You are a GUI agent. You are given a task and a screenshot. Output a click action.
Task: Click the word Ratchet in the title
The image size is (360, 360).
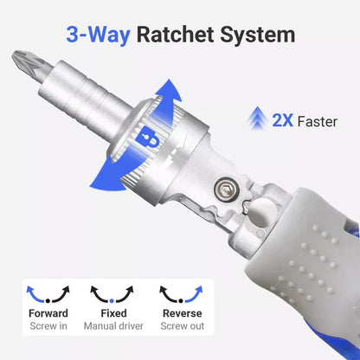click(x=181, y=35)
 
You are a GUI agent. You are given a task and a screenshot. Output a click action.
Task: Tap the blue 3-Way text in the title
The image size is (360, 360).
click(x=100, y=35)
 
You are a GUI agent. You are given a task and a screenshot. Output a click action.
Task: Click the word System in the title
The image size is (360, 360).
click(x=256, y=35)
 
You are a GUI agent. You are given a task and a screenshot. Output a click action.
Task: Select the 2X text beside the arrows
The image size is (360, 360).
click(x=282, y=121)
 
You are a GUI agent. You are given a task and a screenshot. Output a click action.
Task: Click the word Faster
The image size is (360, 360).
click(x=317, y=122)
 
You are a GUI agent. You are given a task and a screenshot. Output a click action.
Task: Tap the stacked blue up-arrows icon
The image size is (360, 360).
click(x=256, y=119)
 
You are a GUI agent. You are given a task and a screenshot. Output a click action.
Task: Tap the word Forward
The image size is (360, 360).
click(x=48, y=313)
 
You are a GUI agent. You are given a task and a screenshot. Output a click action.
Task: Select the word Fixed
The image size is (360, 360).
click(x=113, y=313)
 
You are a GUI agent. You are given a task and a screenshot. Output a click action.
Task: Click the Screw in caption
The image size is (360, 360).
click(x=48, y=326)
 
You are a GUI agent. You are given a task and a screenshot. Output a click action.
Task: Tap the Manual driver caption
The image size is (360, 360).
click(x=113, y=326)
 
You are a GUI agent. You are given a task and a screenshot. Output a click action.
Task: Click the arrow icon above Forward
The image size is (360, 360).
click(x=48, y=292)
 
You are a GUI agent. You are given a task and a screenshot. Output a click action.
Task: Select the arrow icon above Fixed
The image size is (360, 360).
click(x=113, y=292)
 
